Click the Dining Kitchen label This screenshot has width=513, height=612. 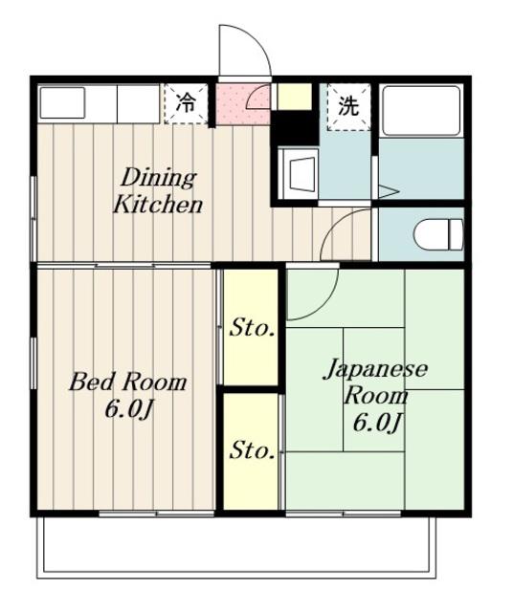[158, 191]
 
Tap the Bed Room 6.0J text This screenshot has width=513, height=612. [127, 395]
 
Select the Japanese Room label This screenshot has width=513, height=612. [376, 382]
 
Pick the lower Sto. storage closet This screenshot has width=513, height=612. [252, 451]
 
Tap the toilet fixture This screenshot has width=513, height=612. [438, 234]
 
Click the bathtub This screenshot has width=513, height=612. [421, 111]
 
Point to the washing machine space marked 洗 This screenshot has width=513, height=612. [348, 106]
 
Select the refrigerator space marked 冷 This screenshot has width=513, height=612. [186, 103]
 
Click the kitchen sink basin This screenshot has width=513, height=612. [62, 102]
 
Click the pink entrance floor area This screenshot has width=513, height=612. [243, 103]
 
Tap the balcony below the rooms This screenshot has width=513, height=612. [236, 547]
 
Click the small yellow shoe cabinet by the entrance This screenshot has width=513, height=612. [294, 97]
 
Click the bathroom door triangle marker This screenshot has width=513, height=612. [388, 191]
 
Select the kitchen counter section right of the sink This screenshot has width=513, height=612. [138, 103]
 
